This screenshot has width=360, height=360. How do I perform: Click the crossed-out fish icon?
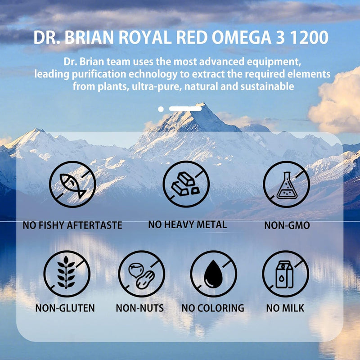(72, 184)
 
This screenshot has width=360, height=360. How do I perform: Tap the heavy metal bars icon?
(186, 184)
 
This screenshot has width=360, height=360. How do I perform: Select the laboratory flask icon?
(286, 184)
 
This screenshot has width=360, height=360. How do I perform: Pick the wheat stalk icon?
(67, 274)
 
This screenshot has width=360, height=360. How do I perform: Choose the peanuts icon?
(141, 274)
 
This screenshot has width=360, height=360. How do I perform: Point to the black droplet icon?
(213, 274)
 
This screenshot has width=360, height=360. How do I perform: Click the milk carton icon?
(285, 274)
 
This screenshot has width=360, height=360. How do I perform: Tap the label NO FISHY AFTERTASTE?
(72, 225)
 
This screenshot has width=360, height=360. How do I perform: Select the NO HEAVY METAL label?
(187, 224)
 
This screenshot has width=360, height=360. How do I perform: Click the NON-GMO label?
(287, 225)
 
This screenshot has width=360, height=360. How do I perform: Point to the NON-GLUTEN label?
(65, 308)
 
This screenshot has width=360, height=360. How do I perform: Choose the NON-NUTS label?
(139, 308)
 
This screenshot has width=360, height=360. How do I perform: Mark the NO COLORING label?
(213, 308)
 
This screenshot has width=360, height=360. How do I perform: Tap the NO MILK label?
(285, 308)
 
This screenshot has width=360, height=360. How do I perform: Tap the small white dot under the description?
(161, 109)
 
